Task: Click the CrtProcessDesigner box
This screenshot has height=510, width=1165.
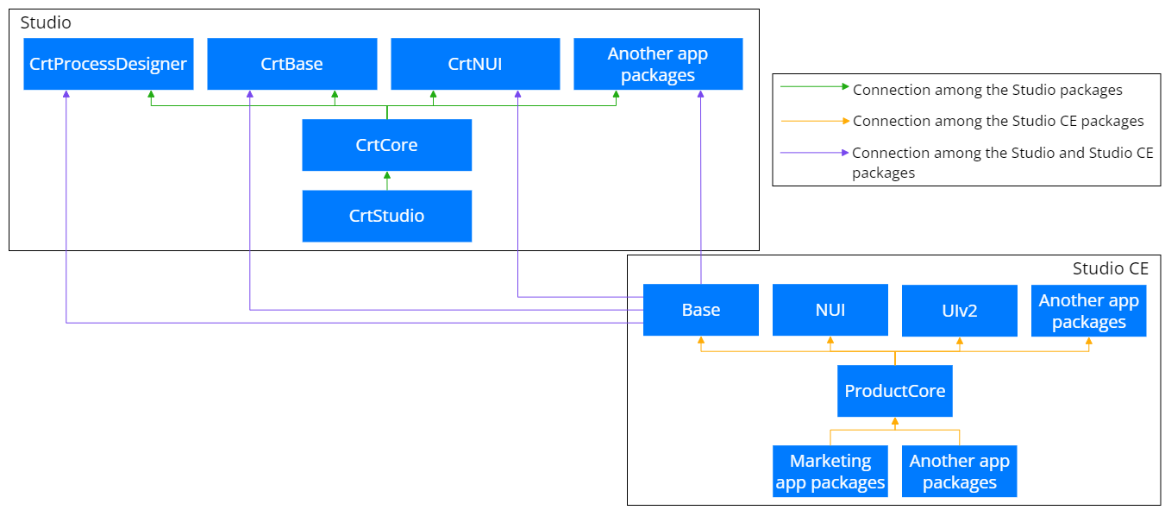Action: (108, 64)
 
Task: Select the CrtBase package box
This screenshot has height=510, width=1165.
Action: (291, 64)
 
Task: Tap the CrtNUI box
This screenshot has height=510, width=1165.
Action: (475, 64)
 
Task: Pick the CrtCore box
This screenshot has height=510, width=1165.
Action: (387, 145)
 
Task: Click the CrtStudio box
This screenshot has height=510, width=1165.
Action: (387, 216)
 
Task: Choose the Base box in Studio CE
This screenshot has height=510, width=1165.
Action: (700, 310)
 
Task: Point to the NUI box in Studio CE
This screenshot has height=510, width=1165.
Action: (830, 310)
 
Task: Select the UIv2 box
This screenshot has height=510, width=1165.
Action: (960, 310)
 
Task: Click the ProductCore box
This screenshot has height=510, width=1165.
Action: (894, 391)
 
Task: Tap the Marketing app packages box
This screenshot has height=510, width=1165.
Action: (830, 471)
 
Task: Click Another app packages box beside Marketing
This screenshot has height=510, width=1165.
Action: (960, 471)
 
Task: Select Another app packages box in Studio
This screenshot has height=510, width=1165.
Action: (658, 64)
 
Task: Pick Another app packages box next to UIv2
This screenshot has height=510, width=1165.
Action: (1088, 310)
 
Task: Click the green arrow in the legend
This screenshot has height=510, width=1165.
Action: (815, 86)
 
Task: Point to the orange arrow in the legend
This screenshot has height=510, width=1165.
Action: (815, 121)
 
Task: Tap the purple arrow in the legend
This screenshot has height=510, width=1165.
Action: (815, 153)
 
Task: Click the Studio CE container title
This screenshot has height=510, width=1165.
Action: (1111, 268)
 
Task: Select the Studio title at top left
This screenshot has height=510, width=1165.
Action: (46, 22)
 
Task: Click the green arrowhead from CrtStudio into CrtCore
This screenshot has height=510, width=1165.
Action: (387, 175)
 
